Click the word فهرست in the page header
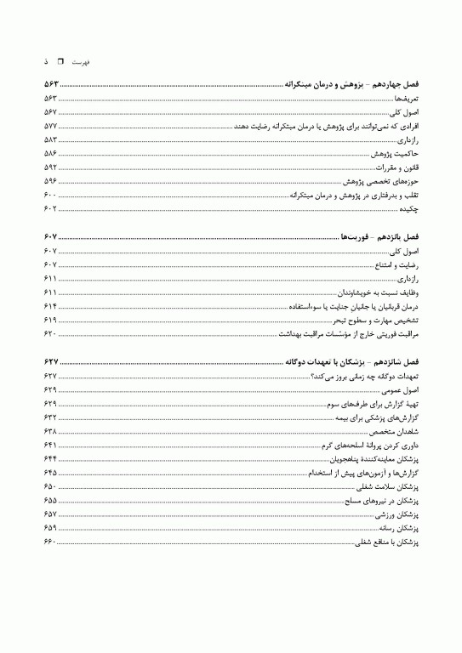coord(83,63)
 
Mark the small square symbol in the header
coord(60,62)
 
